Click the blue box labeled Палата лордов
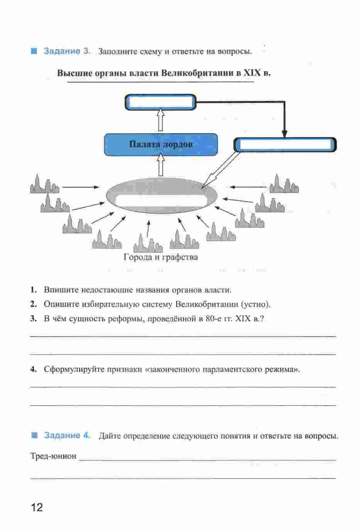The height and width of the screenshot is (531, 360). (x=161, y=144)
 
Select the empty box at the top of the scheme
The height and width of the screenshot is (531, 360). (x=161, y=102)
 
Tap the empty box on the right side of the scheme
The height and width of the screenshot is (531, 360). (x=285, y=144)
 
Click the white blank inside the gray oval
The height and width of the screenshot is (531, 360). (x=161, y=200)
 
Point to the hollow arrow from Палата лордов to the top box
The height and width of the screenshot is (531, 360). (x=161, y=120)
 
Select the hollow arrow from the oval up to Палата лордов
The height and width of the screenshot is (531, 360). (x=161, y=165)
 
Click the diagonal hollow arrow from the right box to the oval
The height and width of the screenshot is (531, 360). (x=220, y=170)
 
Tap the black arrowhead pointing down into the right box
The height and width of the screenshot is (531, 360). (x=285, y=134)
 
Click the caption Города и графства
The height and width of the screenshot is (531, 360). (x=161, y=257)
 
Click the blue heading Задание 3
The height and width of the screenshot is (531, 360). (x=67, y=51)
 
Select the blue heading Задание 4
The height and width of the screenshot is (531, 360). (x=68, y=435)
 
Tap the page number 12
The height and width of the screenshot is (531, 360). (x=37, y=507)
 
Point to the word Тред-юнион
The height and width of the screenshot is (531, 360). (x=54, y=456)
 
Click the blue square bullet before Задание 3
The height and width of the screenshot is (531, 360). (x=34, y=51)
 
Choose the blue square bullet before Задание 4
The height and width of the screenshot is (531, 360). (x=35, y=435)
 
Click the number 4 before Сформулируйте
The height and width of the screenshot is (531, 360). (x=33, y=369)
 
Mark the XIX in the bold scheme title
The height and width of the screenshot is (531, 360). (x=252, y=73)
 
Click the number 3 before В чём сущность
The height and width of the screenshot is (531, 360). (x=33, y=319)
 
